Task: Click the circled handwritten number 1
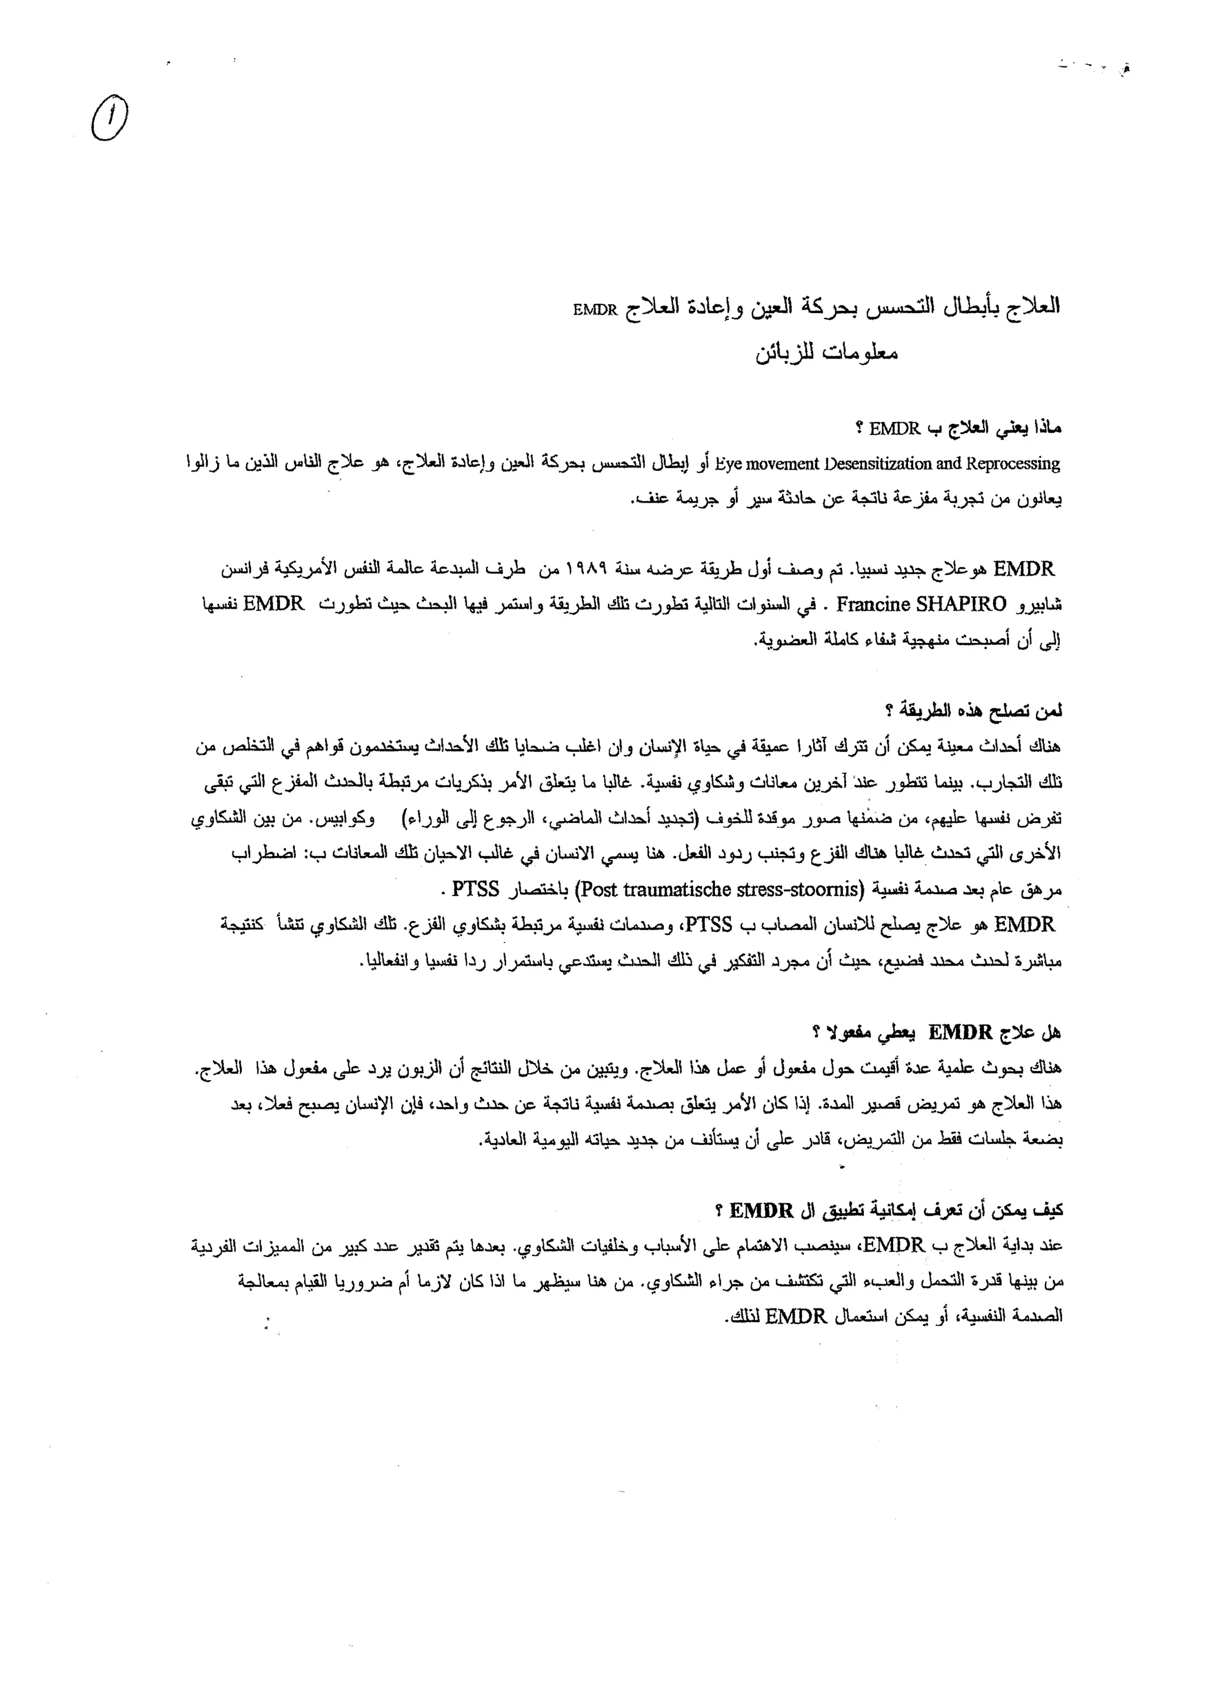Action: (110, 121)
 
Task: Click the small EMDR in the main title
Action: (595, 310)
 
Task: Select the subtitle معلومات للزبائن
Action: (827, 353)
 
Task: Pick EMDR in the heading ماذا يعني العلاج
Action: (894, 429)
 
